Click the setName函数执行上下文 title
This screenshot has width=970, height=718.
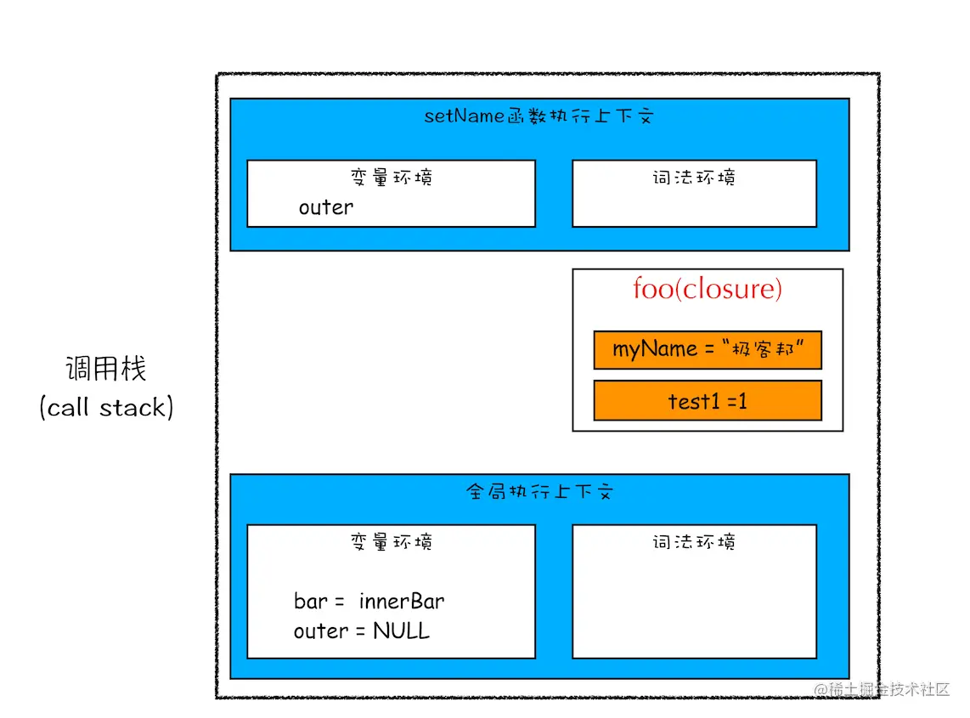pyautogui.click(x=539, y=116)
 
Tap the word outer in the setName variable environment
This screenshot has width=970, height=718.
pyautogui.click(x=325, y=207)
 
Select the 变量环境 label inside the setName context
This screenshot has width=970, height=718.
pyautogui.click(x=391, y=178)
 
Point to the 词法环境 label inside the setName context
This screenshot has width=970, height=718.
pyautogui.click(x=694, y=178)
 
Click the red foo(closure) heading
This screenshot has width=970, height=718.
pyautogui.click(x=708, y=290)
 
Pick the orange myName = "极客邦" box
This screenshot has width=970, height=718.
pyautogui.click(x=708, y=350)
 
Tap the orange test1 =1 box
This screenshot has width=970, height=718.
pyautogui.click(x=708, y=401)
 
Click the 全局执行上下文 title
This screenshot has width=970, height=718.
pyautogui.click(x=539, y=492)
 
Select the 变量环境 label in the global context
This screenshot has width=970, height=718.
pyautogui.click(x=391, y=542)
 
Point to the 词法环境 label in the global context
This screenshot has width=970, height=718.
pyautogui.click(x=694, y=542)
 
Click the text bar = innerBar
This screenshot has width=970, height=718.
pyautogui.click(x=369, y=602)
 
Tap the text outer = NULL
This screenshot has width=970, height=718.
pyautogui.click(x=361, y=631)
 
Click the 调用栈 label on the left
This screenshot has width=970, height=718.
pyautogui.click(x=106, y=370)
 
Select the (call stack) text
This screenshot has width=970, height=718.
pyautogui.click(x=106, y=408)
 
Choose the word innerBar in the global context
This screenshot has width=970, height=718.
pyautogui.click(x=402, y=602)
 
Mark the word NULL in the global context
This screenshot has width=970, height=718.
pyautogui.click(x=401, y=631)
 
